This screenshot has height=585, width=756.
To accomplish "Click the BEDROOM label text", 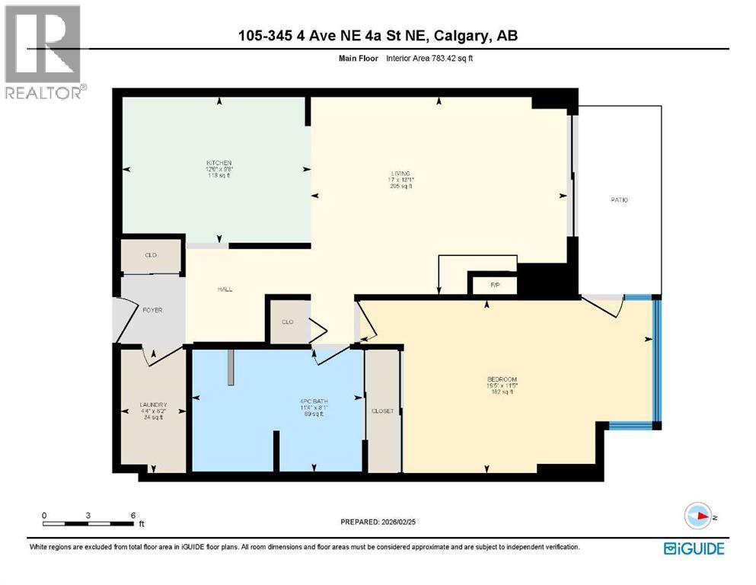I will [x=502, y=379].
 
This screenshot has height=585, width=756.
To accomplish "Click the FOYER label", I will [x=152, y=311].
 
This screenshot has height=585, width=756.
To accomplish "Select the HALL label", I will [x=225, y=289].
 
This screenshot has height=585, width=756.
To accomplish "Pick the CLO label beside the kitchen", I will [x=151, y=255].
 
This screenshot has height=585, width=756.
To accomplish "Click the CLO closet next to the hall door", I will [x=287, y=322].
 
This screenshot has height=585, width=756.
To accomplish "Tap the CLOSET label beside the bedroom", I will [x=382, y=411].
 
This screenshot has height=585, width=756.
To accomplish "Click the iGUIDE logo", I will [x=694, y=548].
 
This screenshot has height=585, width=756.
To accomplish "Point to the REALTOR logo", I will [x=44, y=52].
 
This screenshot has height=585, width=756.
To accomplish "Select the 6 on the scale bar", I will [x=133, y=515].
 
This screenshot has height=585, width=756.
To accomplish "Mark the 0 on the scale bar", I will [x=44, y=515].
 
